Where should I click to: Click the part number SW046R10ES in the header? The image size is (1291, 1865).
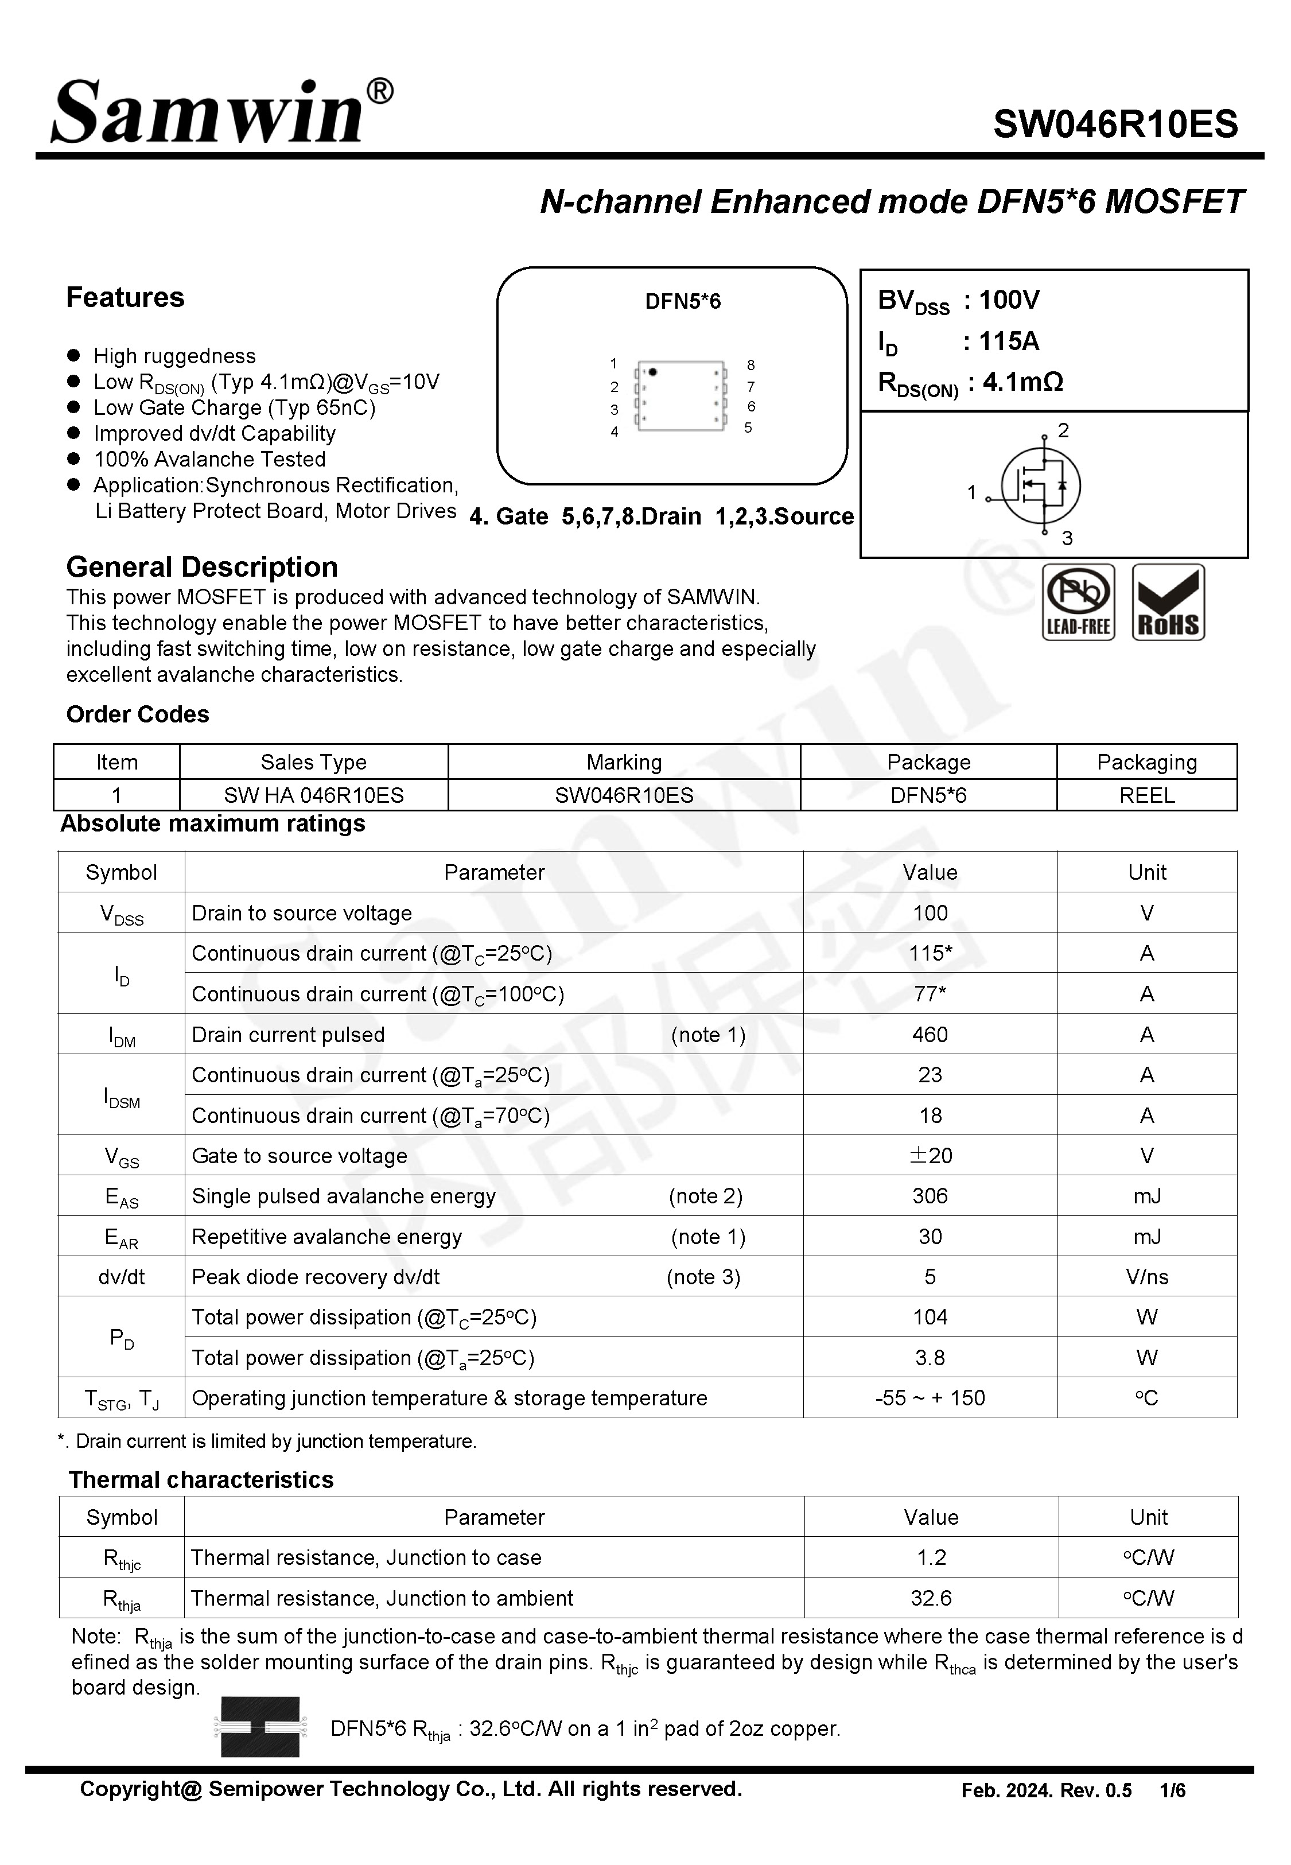tap(1115, 125)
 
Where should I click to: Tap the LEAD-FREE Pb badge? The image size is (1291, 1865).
tap(1078, 603)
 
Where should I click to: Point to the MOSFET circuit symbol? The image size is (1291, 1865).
tap(1040, 485)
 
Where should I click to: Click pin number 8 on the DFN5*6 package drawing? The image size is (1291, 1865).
tap(751, 365)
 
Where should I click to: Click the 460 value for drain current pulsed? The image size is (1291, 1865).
tap(930, 1035)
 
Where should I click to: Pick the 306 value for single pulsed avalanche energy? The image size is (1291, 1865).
tap(930, 1195)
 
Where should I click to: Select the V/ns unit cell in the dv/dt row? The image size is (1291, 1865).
tap(1146, 1276)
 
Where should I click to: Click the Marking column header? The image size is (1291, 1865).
tap(624, 762)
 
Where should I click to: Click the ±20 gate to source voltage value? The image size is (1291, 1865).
tap(930, 1155)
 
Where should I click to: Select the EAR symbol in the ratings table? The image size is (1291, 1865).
tap(121, 1237)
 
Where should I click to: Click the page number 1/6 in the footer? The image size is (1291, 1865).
tap(1172, 1790)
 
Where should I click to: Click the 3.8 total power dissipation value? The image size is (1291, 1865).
tap(930, 1357)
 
